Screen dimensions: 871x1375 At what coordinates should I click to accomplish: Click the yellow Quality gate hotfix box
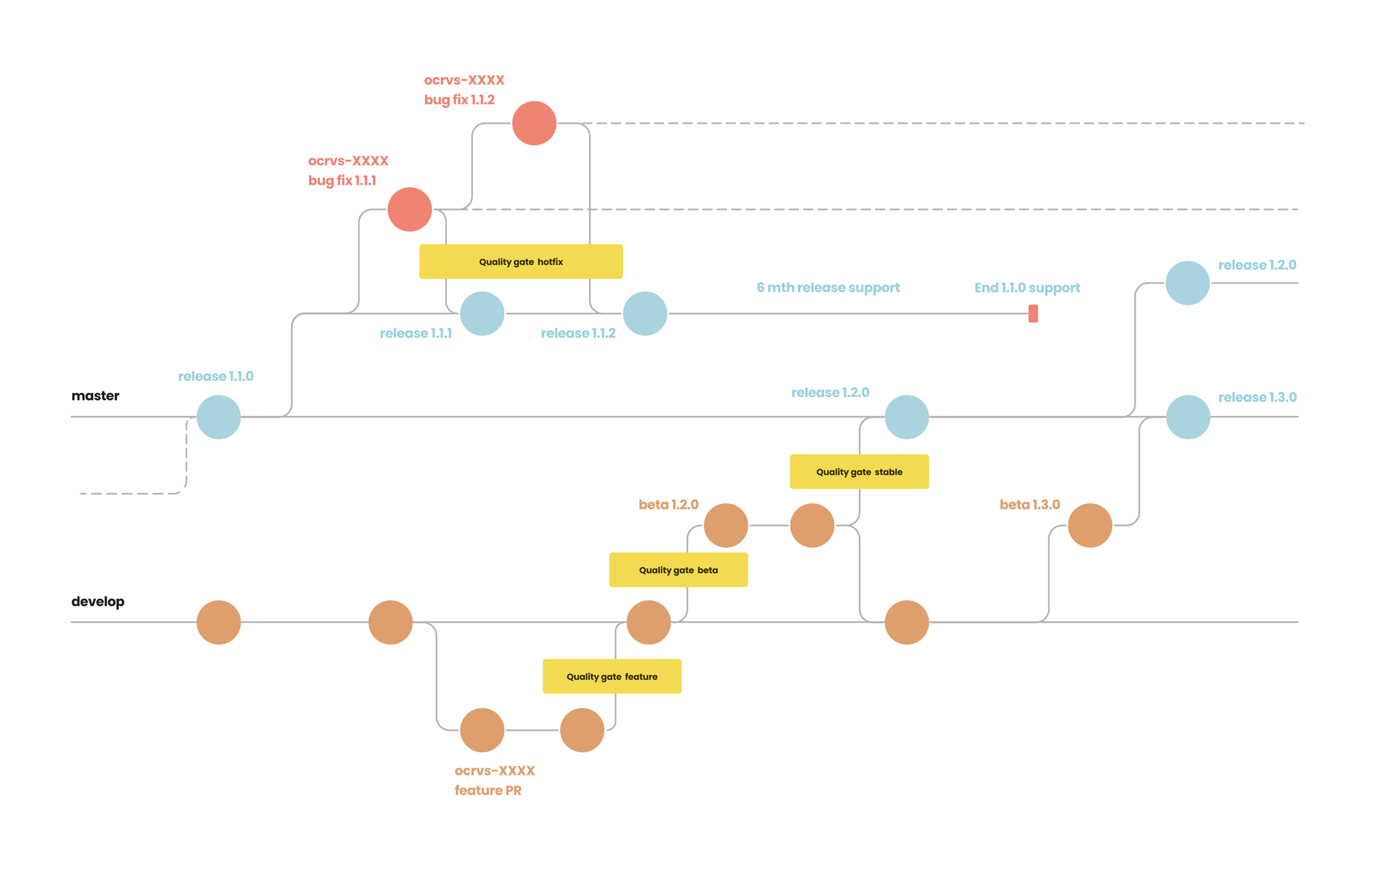point(520,261)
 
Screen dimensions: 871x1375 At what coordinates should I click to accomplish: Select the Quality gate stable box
point(859,471)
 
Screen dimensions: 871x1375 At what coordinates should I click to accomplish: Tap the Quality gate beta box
point(678,570)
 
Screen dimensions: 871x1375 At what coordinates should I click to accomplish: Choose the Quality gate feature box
point(612,676)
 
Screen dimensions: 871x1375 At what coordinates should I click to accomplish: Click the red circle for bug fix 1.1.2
point(534,123)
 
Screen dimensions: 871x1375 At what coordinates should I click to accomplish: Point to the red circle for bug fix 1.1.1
point(409,209)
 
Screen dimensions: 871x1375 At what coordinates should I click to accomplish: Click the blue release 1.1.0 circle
point(218,417)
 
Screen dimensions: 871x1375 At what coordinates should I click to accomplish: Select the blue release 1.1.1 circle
point(482,313)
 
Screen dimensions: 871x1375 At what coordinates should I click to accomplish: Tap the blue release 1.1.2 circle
point(645,313)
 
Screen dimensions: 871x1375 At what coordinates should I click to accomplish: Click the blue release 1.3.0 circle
point(1188,417)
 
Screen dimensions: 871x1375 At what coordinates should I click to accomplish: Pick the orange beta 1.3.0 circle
point(1090,525)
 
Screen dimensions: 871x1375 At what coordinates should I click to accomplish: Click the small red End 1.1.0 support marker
point(1033,313)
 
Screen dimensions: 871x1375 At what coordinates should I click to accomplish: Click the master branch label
point(95,396)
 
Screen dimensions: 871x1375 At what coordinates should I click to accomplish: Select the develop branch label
point(98,601)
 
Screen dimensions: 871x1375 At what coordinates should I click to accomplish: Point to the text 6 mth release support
point(828,288)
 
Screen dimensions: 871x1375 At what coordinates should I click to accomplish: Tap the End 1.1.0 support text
point(1027,288)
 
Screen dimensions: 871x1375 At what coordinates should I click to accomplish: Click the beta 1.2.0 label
point(668,505)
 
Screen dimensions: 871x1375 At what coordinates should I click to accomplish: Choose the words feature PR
point(488,790)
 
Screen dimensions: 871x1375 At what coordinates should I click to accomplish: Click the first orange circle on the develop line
point(218,622)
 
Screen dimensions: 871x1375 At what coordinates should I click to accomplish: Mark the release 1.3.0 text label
point(1257,397)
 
